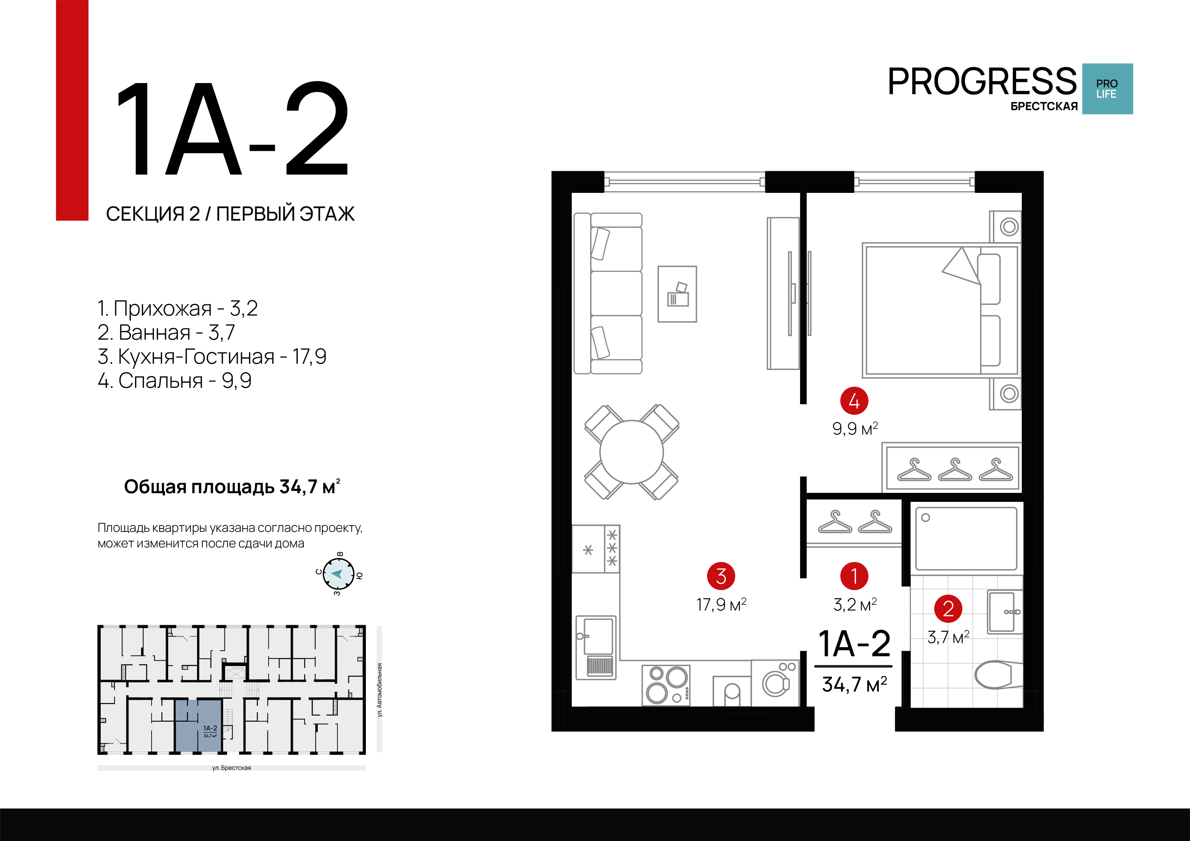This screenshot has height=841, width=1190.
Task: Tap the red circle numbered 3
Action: (721, 576)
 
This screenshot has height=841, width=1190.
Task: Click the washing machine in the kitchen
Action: (775, 683)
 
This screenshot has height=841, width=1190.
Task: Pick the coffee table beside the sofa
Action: (677, 294)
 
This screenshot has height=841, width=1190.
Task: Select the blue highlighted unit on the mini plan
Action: (198, 725)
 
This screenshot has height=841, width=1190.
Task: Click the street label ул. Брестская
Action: (231, 768)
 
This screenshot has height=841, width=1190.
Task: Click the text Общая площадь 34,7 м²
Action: (232, 486)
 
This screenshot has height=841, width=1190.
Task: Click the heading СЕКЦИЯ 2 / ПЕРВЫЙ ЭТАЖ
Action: (230, 214)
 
